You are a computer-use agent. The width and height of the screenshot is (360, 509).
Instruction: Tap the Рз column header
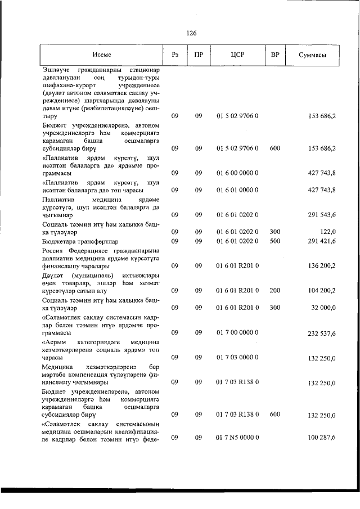pyautogui.click(x=175, y=55)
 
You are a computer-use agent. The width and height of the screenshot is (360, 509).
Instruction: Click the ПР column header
pyautogui.click(x=198, y=55)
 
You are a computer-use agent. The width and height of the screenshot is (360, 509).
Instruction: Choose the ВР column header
pyautogui.click(x=275, y=55)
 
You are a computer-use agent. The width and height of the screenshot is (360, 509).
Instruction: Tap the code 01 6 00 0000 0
pyautogui.click(x=237, y=173)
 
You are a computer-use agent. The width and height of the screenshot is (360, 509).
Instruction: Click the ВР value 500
pyautogui.click(x=275, y=241)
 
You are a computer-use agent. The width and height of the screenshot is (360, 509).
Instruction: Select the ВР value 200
pyautogui.click(x=275, y=290)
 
